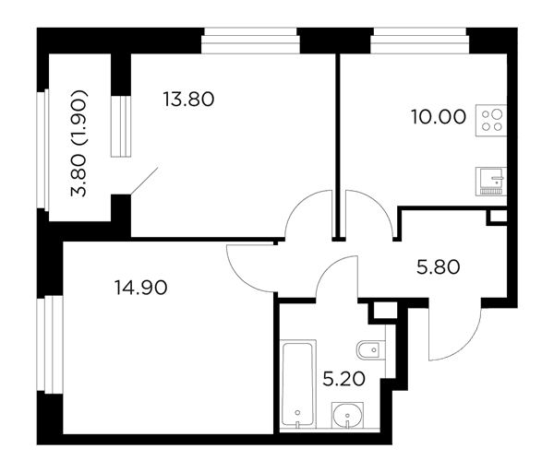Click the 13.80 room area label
[188, 100]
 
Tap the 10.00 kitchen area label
[439, 117]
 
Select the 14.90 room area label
[140, 288]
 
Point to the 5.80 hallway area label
[438, 267]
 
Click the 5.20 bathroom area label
[344, 380]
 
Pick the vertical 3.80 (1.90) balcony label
[78, 143]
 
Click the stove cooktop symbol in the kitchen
[491, 120]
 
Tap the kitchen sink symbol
[491, 182]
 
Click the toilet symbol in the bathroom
[370, 350]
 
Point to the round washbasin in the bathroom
[347, 415]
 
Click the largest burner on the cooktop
[497, 114]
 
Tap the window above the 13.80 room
[250, 41]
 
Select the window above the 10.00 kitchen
[420, 41]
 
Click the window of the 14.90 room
[50, 345]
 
